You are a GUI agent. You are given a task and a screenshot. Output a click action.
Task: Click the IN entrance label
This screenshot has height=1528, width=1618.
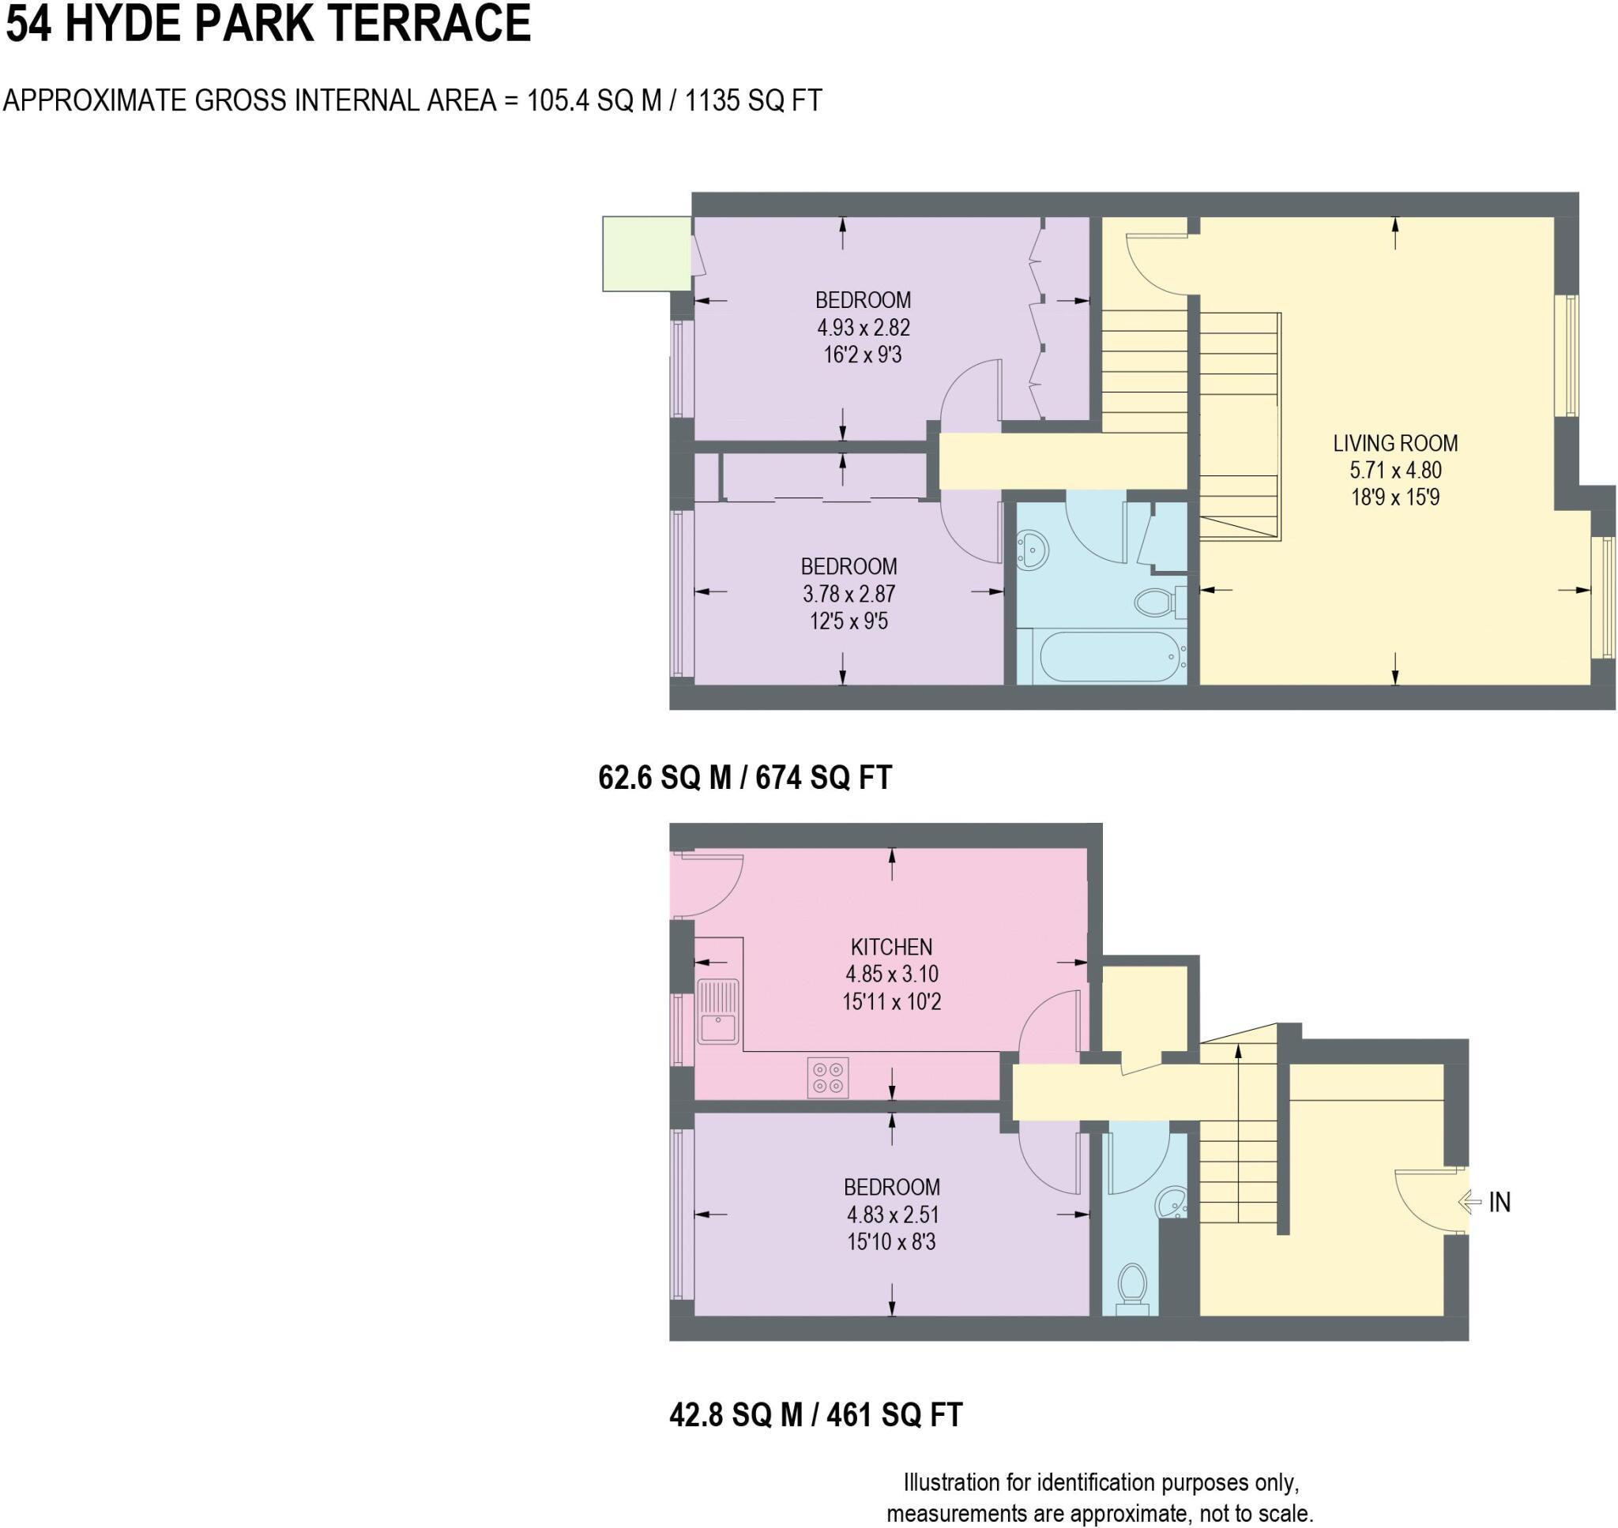click(x=1499, y=1202)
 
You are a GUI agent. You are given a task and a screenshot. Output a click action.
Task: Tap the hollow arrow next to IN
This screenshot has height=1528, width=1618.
click(x=1469, y=1201)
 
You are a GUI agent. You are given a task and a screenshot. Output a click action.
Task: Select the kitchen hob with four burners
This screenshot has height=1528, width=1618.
click(x=828, y=1078)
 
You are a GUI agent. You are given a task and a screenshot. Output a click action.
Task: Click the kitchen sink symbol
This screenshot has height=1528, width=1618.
click(x=718, y=1012)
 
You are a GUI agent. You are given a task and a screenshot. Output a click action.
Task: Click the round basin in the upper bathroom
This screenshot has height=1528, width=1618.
click(x=1033, y=550)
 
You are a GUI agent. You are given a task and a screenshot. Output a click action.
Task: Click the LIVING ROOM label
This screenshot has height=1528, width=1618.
click(x=1394, y=443)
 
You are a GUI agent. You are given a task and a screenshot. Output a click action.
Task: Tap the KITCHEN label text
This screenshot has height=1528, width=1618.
click(x=891, y=947)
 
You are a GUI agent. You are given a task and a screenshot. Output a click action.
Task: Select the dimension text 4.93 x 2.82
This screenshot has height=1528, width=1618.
click(x=863, y=328)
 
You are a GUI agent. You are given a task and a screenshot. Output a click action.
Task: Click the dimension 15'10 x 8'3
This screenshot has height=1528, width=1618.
click(x=891, y=1241)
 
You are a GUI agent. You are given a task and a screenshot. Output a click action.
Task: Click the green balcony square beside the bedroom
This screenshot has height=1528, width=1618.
click(x=646, y=253)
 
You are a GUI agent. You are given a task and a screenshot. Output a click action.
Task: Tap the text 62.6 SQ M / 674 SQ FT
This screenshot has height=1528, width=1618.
click(x=745, y=777)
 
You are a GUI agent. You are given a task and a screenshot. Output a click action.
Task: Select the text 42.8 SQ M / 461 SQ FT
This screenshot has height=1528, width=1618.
click(x=815, y=1415)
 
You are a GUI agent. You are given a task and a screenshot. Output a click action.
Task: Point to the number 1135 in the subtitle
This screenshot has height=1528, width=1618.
click(x=713, y=100)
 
